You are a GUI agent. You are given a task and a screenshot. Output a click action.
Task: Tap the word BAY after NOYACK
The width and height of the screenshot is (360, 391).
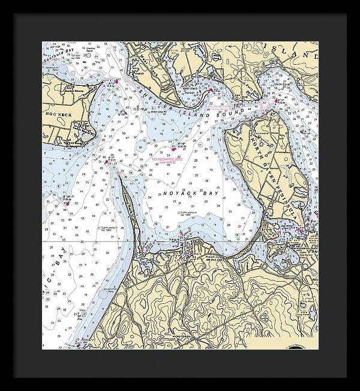[204, 194]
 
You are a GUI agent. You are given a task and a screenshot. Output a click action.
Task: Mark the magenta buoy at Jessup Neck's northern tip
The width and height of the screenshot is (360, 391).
[107, 161]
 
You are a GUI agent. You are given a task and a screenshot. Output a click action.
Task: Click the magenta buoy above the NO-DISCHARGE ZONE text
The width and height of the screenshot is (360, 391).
[173, 147]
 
